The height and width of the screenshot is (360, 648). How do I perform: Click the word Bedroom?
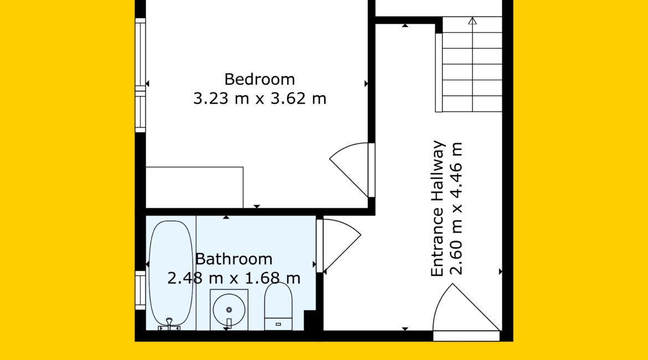260,79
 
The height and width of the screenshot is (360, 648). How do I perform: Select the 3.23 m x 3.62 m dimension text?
260,99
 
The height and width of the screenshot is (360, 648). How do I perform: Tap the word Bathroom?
234,259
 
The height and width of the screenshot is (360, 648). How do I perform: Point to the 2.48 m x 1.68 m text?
234,277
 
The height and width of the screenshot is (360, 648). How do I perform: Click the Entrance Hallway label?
437,209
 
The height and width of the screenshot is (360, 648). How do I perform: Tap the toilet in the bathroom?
278,306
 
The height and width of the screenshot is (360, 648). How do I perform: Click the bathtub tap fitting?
169,325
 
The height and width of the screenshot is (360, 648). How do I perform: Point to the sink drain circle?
229,310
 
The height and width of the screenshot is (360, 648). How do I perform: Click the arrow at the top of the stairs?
472,20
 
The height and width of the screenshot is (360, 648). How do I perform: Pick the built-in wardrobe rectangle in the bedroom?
194,187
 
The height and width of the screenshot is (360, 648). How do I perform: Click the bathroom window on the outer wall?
141,290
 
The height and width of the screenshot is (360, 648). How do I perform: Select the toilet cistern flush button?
278,324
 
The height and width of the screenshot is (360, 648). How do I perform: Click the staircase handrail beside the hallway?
439,73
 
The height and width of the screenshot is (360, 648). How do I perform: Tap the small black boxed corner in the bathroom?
310,320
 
